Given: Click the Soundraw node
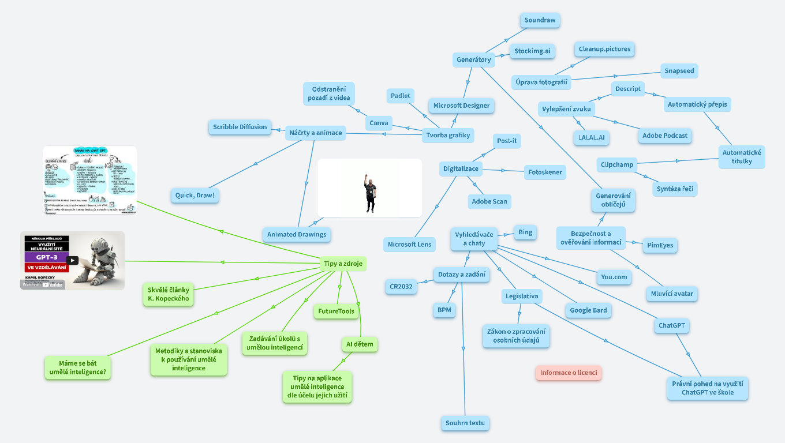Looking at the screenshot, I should [x=540, y=20].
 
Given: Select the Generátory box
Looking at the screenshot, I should [x=473, y=59].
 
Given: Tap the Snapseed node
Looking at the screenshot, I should [x=679, y=71].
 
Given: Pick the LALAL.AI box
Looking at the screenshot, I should [x=591, y=137].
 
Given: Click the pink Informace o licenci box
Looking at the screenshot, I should [x=569, y=373].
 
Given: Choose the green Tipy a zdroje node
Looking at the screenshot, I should [x=342, y=264].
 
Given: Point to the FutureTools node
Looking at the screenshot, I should [x=336, y=311].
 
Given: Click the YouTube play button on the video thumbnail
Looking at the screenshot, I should [x=73, y=260].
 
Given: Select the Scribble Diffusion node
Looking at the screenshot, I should [x=240, y=127].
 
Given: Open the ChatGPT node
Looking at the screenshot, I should [x=672, y=325].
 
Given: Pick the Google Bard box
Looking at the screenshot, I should [x=588, y=310].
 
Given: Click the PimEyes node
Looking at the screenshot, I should [x=660, y=245].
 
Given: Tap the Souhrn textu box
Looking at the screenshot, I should [x=465, y=423].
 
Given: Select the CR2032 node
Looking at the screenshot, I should [x=401, y=286].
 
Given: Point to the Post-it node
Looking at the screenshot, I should [x=507, y=141].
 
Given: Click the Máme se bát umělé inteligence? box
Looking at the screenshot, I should [x=78, y=368].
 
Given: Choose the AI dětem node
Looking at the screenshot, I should [x=359, y=344].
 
